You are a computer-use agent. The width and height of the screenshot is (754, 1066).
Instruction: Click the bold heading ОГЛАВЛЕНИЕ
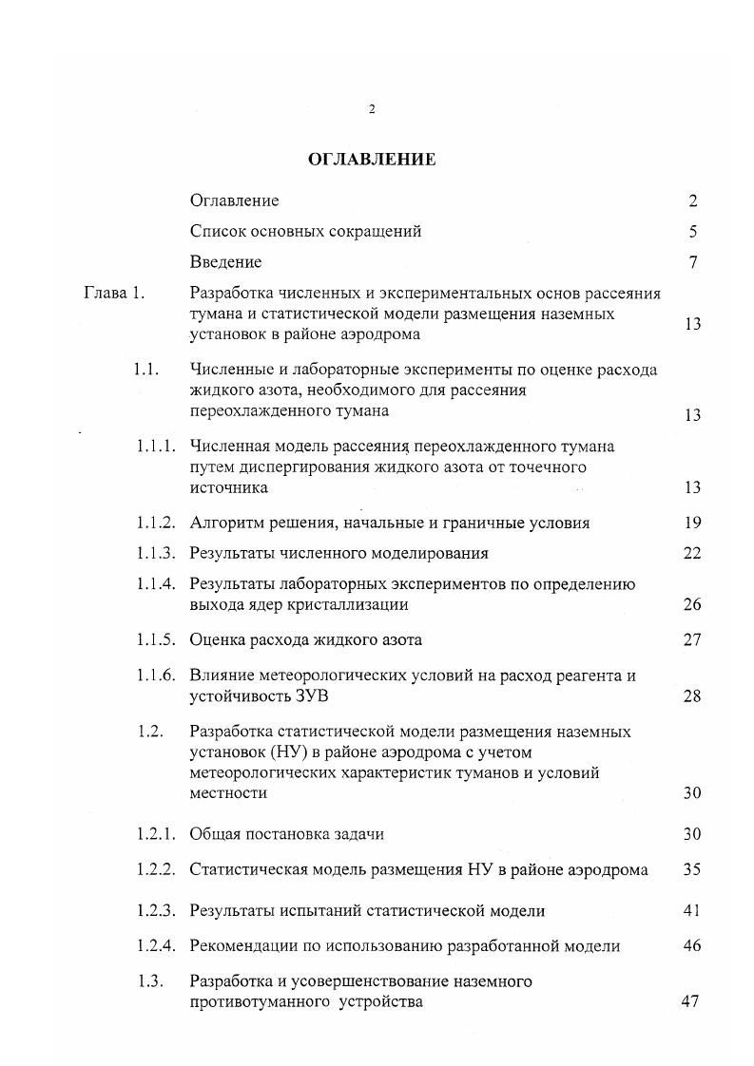coord(372,160)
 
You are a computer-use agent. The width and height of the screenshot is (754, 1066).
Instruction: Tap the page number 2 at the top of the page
coord(371,109)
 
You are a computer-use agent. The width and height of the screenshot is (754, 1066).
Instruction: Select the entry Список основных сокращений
coord(305,231)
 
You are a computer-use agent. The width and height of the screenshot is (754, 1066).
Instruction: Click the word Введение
coord(225,261)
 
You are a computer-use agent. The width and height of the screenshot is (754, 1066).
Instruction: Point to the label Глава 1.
coord(114,293)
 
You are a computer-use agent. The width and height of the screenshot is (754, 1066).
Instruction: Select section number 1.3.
coord(151,981)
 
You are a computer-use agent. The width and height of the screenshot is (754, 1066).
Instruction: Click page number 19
coord(692,523)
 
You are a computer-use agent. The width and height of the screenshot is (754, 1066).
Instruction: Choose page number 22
coord(692,553)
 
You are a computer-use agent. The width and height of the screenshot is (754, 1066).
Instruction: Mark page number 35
coord(692,869)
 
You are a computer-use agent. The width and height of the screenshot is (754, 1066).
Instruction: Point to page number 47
coord(691,1002)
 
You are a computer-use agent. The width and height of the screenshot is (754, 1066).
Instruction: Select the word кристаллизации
coord(337,604)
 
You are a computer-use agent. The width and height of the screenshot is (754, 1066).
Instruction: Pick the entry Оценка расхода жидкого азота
coord(305,639)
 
